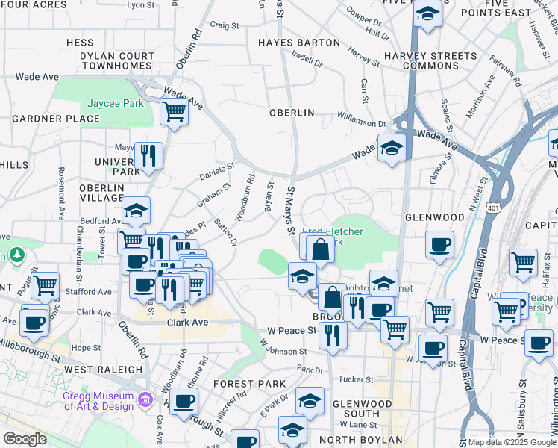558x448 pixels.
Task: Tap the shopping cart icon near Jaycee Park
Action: coord(174,113)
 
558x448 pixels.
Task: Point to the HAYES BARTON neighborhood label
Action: coord(298,43)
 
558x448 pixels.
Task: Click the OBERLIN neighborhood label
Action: coord(292,113)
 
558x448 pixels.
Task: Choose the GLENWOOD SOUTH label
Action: coord(362,408)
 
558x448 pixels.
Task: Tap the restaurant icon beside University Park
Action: coord(149,155)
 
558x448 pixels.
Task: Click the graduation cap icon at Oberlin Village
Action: coord(136,211)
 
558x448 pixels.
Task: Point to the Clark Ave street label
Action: coord(186,323)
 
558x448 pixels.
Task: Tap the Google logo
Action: coord(25,439)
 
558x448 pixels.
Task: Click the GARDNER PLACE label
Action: coord(46,119)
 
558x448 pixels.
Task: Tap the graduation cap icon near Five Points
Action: coord(427,14)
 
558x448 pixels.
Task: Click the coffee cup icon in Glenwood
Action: coord(439,244)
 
